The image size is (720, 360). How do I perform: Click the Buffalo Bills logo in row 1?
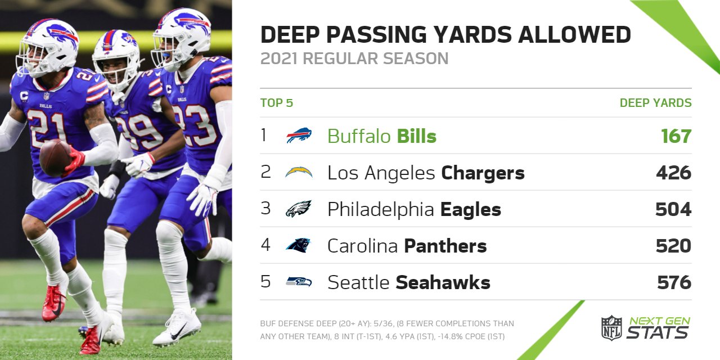(299, 136)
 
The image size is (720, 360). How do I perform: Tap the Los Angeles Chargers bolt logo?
(299, 172)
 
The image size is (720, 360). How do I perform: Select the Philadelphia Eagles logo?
(299, 209)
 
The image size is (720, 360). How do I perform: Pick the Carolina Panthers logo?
(298, 245)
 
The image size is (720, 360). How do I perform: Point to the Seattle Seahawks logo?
(299, 282)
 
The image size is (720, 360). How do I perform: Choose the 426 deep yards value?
(673, 173)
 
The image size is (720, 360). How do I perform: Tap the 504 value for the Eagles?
(673, 209)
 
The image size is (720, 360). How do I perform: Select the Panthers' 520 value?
(673, 246)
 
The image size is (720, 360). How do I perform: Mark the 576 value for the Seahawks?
(674, 282)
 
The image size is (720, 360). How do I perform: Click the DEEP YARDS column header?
(655, 103)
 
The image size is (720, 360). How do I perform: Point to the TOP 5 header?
(277, 103)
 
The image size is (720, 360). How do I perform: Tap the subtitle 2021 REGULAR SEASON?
(354, 58)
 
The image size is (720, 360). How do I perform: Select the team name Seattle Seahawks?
(409, 282)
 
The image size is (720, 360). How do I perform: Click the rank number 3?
(265, 209)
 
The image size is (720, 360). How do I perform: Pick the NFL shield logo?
(611, 328)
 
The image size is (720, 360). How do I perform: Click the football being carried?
(55, 157)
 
